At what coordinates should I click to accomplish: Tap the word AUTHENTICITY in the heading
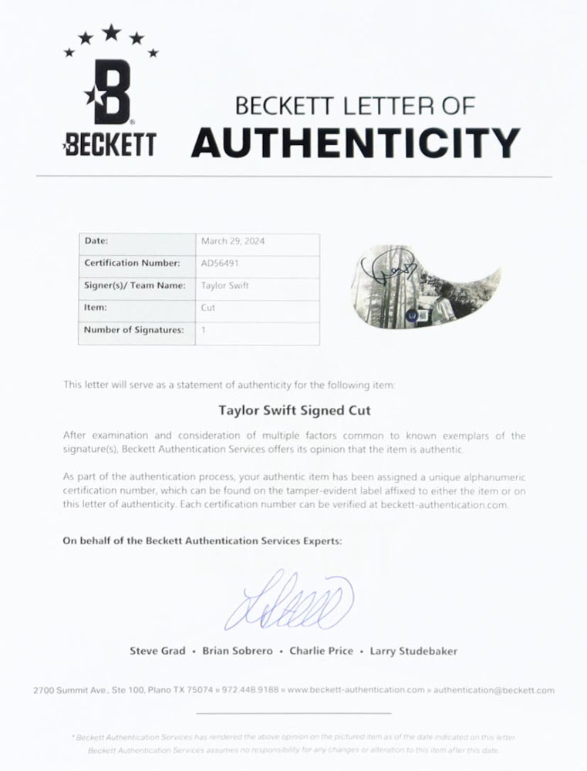click(355, 142)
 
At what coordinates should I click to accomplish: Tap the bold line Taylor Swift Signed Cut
click(294, 411)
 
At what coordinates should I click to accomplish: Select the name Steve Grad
click(157, 651)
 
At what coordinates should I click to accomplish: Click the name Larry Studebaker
click(413, 651)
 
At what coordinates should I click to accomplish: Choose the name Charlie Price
click(321, 651)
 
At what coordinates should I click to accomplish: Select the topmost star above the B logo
click(112, 32)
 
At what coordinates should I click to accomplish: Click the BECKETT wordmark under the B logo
click(112, 144)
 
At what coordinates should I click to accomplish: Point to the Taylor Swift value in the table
click(219, 285)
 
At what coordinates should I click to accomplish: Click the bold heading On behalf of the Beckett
click(201, 541)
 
